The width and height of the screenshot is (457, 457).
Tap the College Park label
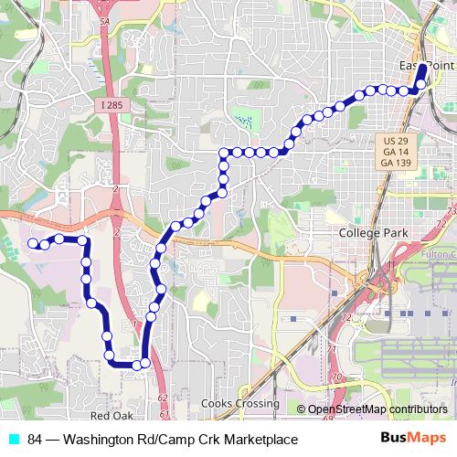[371, 233]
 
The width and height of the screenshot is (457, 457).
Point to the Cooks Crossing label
[242, 403]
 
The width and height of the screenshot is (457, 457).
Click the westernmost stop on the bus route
[34, 243]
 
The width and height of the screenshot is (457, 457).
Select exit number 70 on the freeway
[337, 376]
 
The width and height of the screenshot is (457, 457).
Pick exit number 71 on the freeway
[332, 349]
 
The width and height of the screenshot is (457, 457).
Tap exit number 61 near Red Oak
[162, 414]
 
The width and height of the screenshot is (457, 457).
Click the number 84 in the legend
[36, 440]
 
